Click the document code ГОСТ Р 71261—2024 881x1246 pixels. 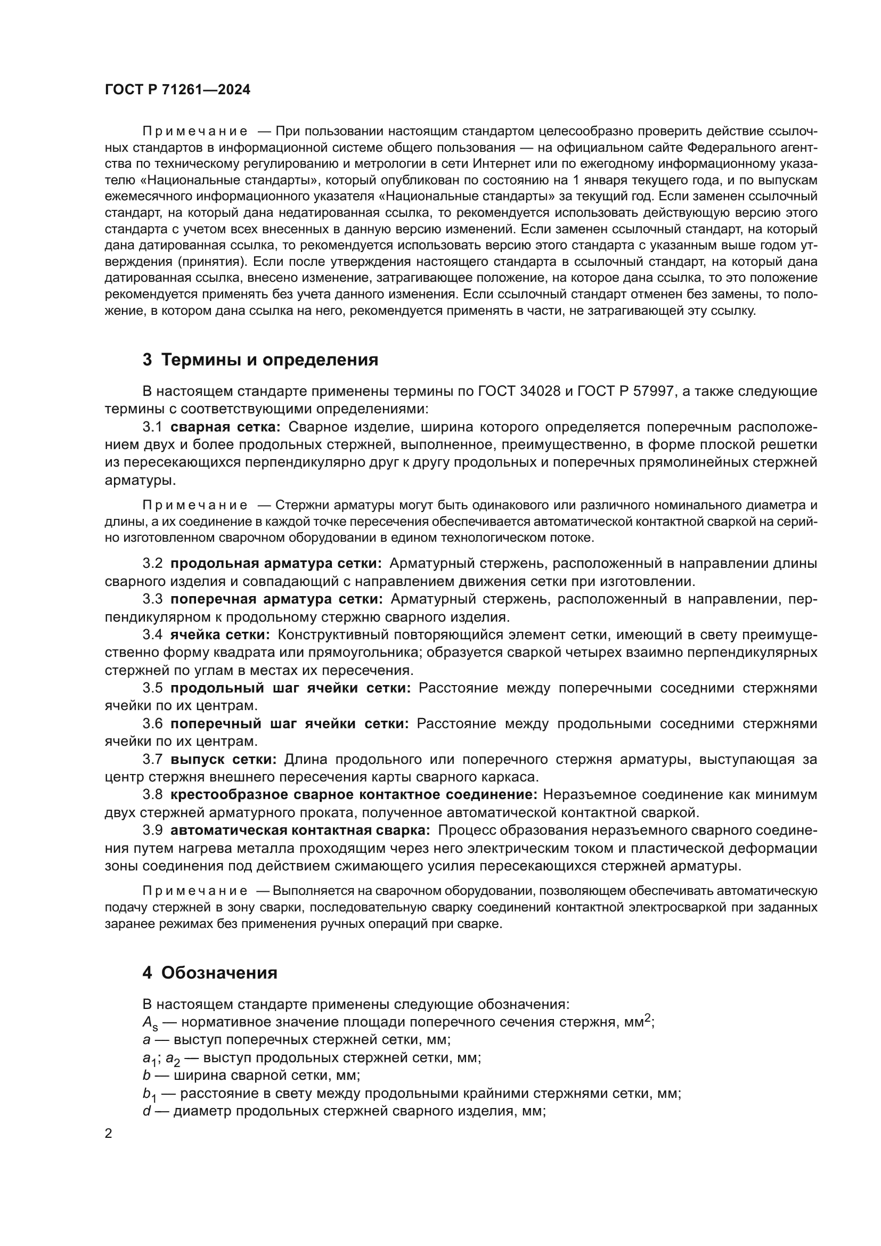click(177, 90)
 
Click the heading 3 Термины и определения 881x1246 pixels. click(260, 359)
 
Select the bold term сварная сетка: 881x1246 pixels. click(226, 427)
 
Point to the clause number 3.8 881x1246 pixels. click(152, 794)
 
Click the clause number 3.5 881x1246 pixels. click(152, 688)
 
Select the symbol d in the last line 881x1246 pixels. click(146, 1111)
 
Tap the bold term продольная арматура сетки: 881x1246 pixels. click(276, 563)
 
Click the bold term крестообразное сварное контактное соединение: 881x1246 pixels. click(354, 794)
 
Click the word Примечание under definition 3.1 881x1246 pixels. click(195, 505)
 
